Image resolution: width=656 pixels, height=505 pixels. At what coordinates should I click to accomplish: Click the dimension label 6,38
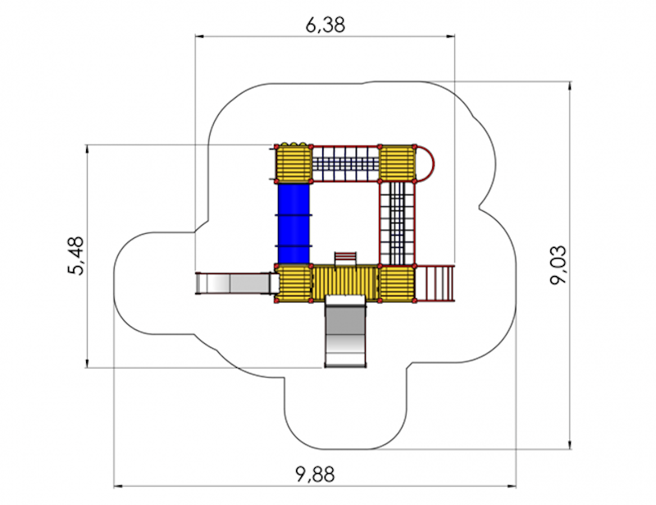click(x=325, y=25)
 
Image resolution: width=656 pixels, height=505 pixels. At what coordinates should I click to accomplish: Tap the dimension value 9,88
click(x=315, y=475)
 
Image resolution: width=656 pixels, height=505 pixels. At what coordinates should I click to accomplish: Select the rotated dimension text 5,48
click(x=75, y=255)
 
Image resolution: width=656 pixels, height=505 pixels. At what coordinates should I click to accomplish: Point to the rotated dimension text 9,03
click(x=558, y=265)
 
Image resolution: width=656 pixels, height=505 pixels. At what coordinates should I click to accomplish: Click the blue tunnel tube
click(x=294, y=224)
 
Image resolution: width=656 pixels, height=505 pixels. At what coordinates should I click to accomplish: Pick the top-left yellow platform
click(x=294, y=163)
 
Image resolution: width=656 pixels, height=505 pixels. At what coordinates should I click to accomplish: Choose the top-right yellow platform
click(x=397, y=163)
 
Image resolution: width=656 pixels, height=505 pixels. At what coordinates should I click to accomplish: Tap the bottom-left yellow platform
click(x=294, y=283)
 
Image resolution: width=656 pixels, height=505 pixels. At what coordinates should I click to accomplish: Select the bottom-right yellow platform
click(x=397, y=283)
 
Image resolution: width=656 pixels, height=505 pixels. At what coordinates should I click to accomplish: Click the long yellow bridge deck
click(x=345, y=283)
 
